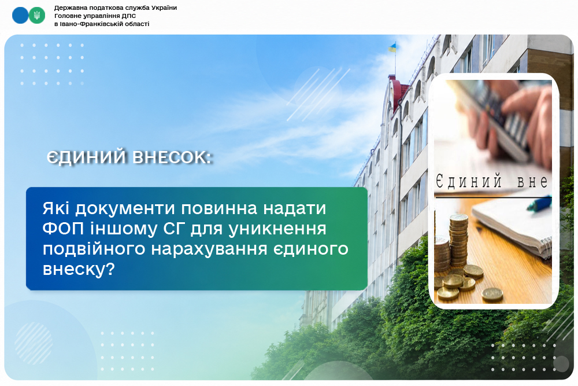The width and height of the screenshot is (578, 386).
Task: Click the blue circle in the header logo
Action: tap(20, 15)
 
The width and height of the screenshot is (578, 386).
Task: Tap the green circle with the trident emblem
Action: tap(37, 15)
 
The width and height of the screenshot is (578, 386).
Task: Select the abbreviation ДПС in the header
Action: tap(129, 16)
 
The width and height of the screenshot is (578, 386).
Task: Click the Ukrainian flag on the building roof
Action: tap(392, 47)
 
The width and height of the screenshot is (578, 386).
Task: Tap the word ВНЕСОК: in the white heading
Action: tap(172, 157)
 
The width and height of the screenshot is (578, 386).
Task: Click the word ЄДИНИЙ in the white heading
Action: tap(87, 157)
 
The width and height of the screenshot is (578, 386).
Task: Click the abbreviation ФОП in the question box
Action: tap(64, 229)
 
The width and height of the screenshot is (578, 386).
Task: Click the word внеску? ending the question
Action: tap(79, 269)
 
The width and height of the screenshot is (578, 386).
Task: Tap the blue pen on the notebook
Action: tap(539, 204)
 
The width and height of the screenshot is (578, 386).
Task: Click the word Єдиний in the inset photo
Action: tap(469, 182)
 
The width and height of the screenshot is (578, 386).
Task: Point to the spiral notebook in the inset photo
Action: tap(512, 226)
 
